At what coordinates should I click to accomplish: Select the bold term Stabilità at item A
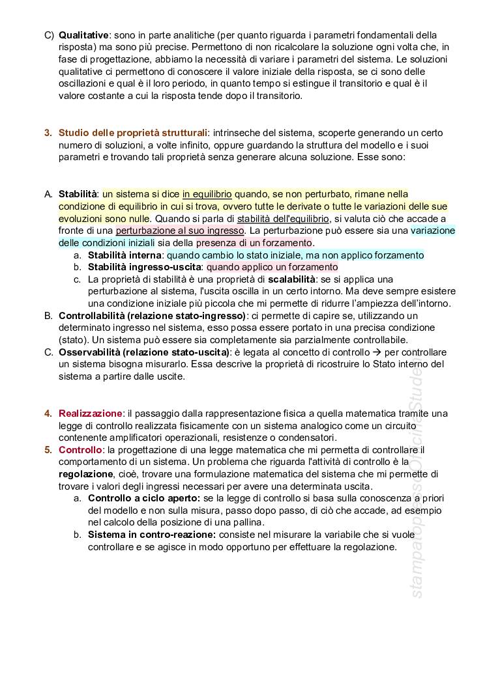pos(78,193)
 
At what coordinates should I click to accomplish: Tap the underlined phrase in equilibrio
pos(207,193)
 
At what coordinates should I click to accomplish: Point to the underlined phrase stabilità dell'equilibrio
pos(284,218)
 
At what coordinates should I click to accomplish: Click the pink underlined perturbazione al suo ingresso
pos(180,231)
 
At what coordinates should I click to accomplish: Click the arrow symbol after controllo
pos(377,352)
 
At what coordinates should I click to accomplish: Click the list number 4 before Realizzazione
pos(48,413)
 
